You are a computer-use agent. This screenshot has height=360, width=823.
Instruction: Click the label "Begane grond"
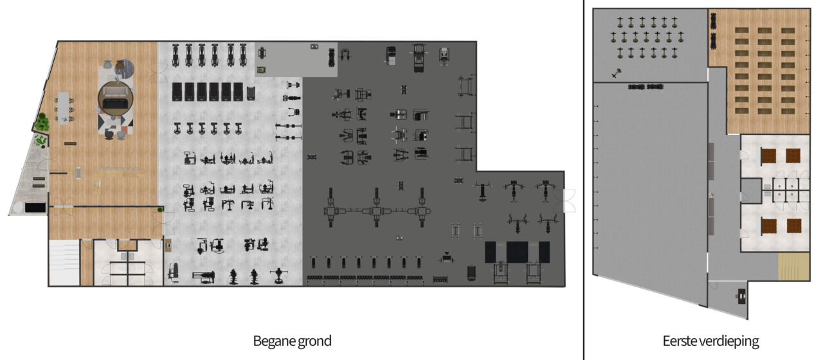coord(292,341)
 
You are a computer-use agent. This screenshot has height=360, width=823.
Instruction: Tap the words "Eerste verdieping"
coord(710,341)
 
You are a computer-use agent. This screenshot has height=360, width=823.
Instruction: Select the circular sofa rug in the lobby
coord(115,98)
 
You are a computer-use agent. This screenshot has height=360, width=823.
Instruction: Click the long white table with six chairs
coord(64,109)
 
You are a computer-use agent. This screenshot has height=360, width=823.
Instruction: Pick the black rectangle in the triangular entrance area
coord(35,208)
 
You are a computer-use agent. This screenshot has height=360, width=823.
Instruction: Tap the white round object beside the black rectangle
coord(18,208)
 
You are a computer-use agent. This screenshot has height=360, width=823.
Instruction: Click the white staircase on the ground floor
coord(64,262)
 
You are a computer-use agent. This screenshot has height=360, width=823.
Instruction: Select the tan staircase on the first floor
coord(793,266)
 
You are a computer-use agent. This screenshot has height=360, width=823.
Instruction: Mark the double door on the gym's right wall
coord(569,201)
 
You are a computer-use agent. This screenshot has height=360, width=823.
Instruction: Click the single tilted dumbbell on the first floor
coord(616,73)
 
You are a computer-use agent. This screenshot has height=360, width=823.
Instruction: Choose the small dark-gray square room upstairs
coord(750,190)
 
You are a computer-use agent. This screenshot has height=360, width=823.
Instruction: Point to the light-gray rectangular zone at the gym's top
coord(296,60)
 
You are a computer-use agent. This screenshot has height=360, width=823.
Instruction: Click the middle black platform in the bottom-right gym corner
coord(517,252)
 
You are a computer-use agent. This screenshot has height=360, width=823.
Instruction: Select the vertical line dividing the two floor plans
coord(583,180)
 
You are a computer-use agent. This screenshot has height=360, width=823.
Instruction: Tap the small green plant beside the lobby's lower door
coord(160,210)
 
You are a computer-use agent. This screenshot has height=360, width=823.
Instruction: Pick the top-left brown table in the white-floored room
coord(768,156)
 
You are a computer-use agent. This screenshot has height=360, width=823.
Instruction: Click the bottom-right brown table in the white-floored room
coord(793,226)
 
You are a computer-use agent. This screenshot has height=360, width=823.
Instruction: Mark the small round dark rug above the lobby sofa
coord(124,69)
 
